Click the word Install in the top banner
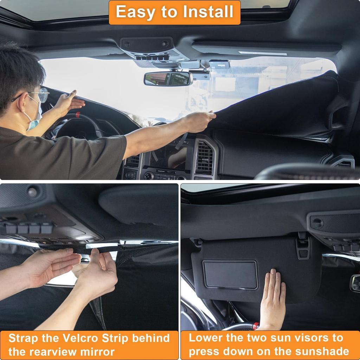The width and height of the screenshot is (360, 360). (210, 12)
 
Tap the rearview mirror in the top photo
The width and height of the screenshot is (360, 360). (168, 79)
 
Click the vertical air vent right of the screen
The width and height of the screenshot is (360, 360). (204, 158)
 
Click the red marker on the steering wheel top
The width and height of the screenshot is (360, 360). (77, 115)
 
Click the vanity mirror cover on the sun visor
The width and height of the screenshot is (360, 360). (231, 274)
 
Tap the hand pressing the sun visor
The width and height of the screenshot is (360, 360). (272, 299)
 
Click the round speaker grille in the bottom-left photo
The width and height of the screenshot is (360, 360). (32, 192)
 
